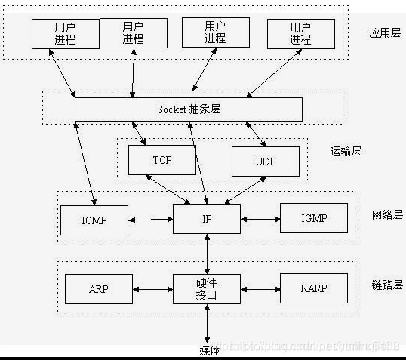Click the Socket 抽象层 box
[x=188, y=109]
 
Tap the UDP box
[x=265, y=161]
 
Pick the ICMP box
[x=94, y=220]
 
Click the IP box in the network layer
[x=207, y=219]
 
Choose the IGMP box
[x=314, y=219]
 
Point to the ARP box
[x=99, y=288]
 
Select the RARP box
[x=314, y=288]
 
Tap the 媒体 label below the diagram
[x=209, y=349]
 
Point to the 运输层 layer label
[x=346, y=151]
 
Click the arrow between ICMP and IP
[x=150, y=220]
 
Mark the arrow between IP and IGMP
[x=260, y=220]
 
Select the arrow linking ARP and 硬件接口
[x=153, y=288]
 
